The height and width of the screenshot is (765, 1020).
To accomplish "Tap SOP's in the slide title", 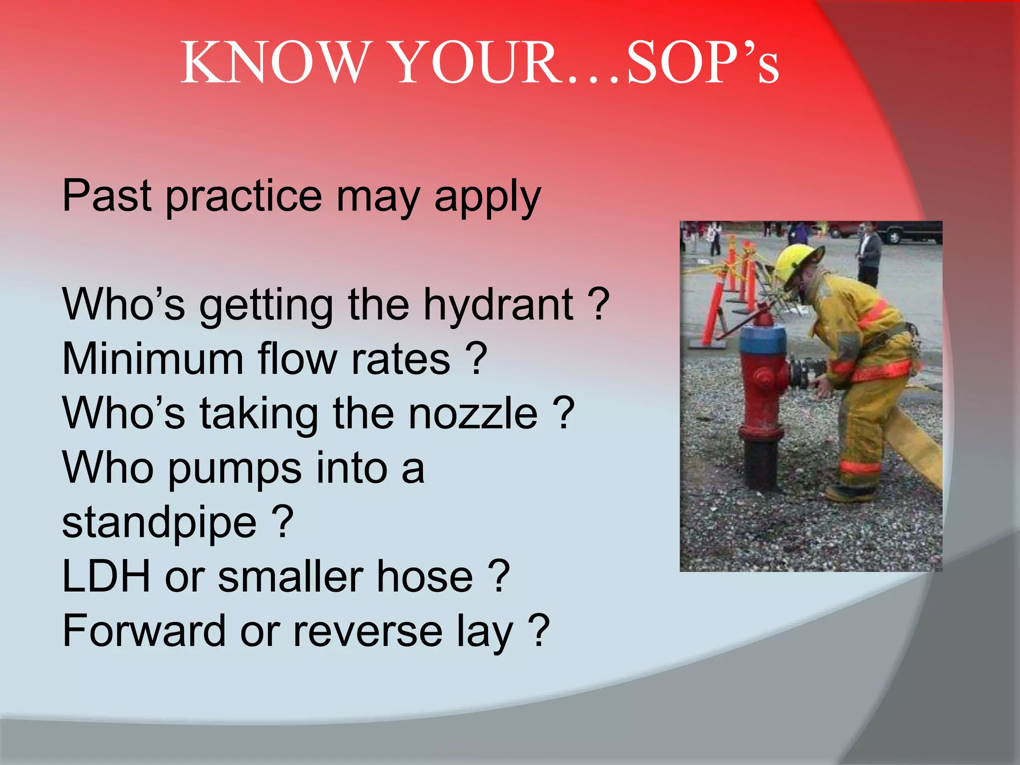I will pyautogui.click(x=702, y=63).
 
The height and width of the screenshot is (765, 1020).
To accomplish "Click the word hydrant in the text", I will pyautogui.click(x=498, y=305).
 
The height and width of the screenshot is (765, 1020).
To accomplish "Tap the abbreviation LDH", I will pyautogui.click(x=106, y=577).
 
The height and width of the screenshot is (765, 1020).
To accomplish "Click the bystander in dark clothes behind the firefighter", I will pyautogui.click(x=869, y=254).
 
